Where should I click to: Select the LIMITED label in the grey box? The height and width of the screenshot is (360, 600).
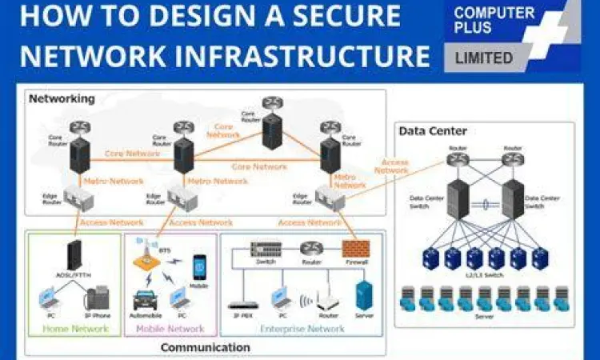[x=484, y=58]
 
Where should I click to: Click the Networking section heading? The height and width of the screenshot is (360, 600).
[x=62, y=99]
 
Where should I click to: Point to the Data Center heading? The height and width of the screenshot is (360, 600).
[x=432, y=131]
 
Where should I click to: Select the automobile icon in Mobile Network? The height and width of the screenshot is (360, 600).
[x=145, y=299]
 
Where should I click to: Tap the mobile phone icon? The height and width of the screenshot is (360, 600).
[x=199, y=267]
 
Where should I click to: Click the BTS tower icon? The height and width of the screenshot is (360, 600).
[x=147, y=254]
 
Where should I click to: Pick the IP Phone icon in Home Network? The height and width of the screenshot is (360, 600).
[x=98, y=298]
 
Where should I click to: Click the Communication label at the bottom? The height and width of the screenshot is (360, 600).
[x=206, y=347]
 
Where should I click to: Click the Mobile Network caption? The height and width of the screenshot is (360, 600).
[x=169, y=328]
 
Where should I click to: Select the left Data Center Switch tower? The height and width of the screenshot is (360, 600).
[x=457, y=199]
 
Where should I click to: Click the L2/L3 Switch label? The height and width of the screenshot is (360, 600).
[x=484, y=274]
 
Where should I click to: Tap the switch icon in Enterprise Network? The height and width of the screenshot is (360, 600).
[x=266, y=249]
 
